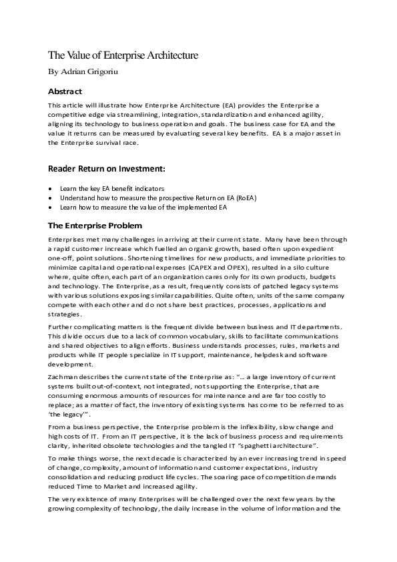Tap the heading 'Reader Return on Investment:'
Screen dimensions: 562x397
click(106, 168)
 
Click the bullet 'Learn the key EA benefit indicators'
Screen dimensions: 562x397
click(112, 189)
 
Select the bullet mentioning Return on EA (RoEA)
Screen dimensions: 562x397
click(158, 198)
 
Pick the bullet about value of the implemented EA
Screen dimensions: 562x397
click(143, 208)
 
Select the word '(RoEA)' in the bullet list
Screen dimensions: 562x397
click(243, 198)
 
